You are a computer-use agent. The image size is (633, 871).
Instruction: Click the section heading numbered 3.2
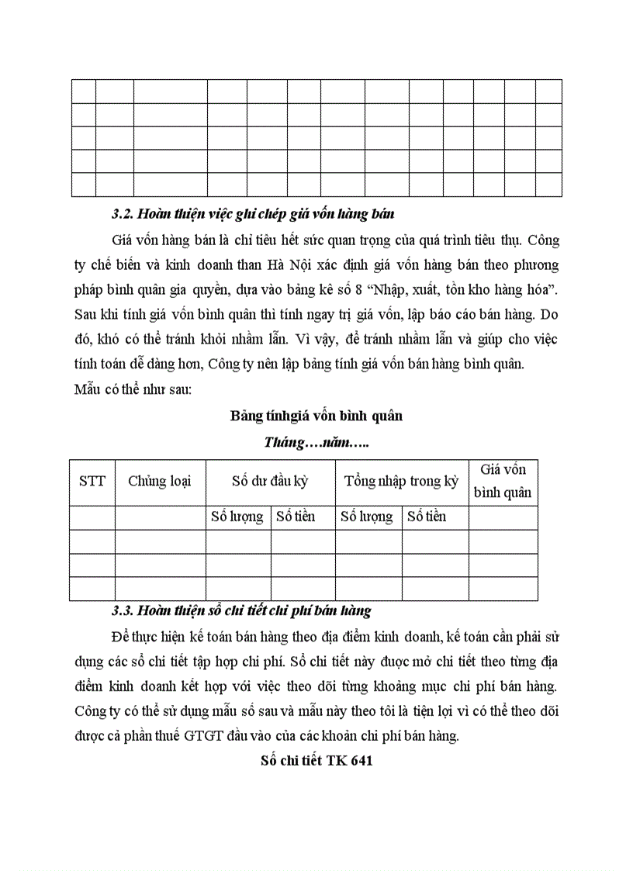pyautogui.click(x=253, y=214)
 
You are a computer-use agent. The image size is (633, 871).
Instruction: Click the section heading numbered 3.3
pyautogui.click(x=241, y=610)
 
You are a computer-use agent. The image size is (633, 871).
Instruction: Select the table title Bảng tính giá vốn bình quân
pyautogui.click(x=316, y=416)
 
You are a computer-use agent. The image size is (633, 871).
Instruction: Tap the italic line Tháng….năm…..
pyautogui.click(x=316, y=443)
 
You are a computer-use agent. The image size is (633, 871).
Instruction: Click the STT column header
pyautogui.click(x=92, y=481)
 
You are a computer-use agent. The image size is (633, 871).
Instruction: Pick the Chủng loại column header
pyautogui.click(x=160, y=481)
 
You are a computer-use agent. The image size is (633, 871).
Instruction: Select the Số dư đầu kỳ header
pyautogui.click(x=270, y=481)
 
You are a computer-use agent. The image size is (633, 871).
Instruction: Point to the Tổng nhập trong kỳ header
pyautogui.click(x=401, y=481)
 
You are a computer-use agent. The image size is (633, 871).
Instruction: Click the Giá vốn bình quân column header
pyautogui.click(x=503, y=481)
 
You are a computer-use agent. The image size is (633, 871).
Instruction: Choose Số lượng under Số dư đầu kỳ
pyautogui.click(x=237, y=517)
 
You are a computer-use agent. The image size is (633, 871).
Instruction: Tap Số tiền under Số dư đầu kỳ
pyautogui.click(x=296, y=517)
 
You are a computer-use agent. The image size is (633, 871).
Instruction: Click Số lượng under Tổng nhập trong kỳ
pyautogui.click(x=367, y=517)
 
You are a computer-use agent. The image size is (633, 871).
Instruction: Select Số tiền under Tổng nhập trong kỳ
pyautogui.click(x=427, y=517)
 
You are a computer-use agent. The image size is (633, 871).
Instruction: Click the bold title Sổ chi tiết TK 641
pyautogui.click(x=316, y=761)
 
